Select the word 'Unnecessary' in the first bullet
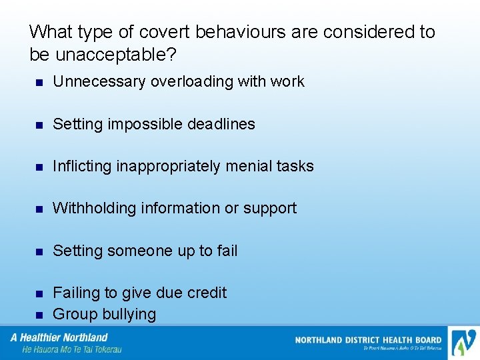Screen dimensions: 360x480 point(99,81)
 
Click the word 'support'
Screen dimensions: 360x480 point(270,209)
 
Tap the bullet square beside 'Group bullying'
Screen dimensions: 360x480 point(39,315)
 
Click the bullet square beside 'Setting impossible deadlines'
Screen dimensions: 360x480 point(39,125)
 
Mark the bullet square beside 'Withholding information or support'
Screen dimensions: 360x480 point(39,209)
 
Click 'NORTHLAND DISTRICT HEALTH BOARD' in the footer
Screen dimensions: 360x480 point(368,340)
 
